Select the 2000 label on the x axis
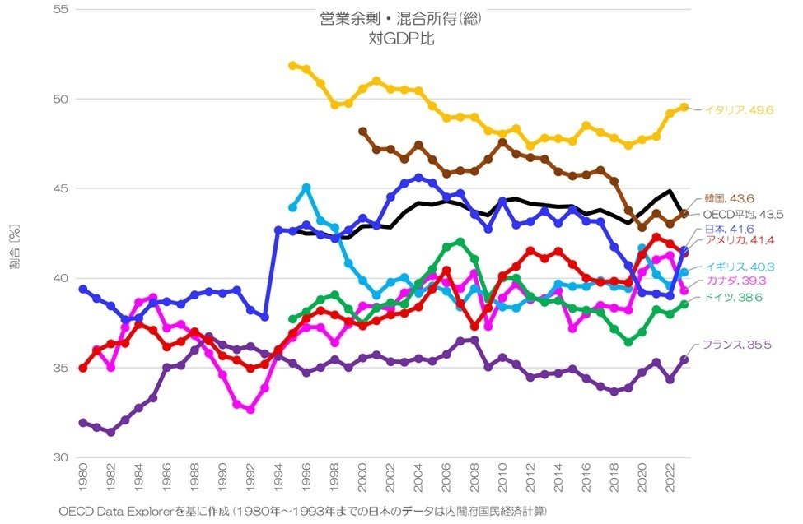click(x=362, y=479)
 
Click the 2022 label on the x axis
click(x=670, y=479)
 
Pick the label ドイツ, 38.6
click(x=730, y=297)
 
